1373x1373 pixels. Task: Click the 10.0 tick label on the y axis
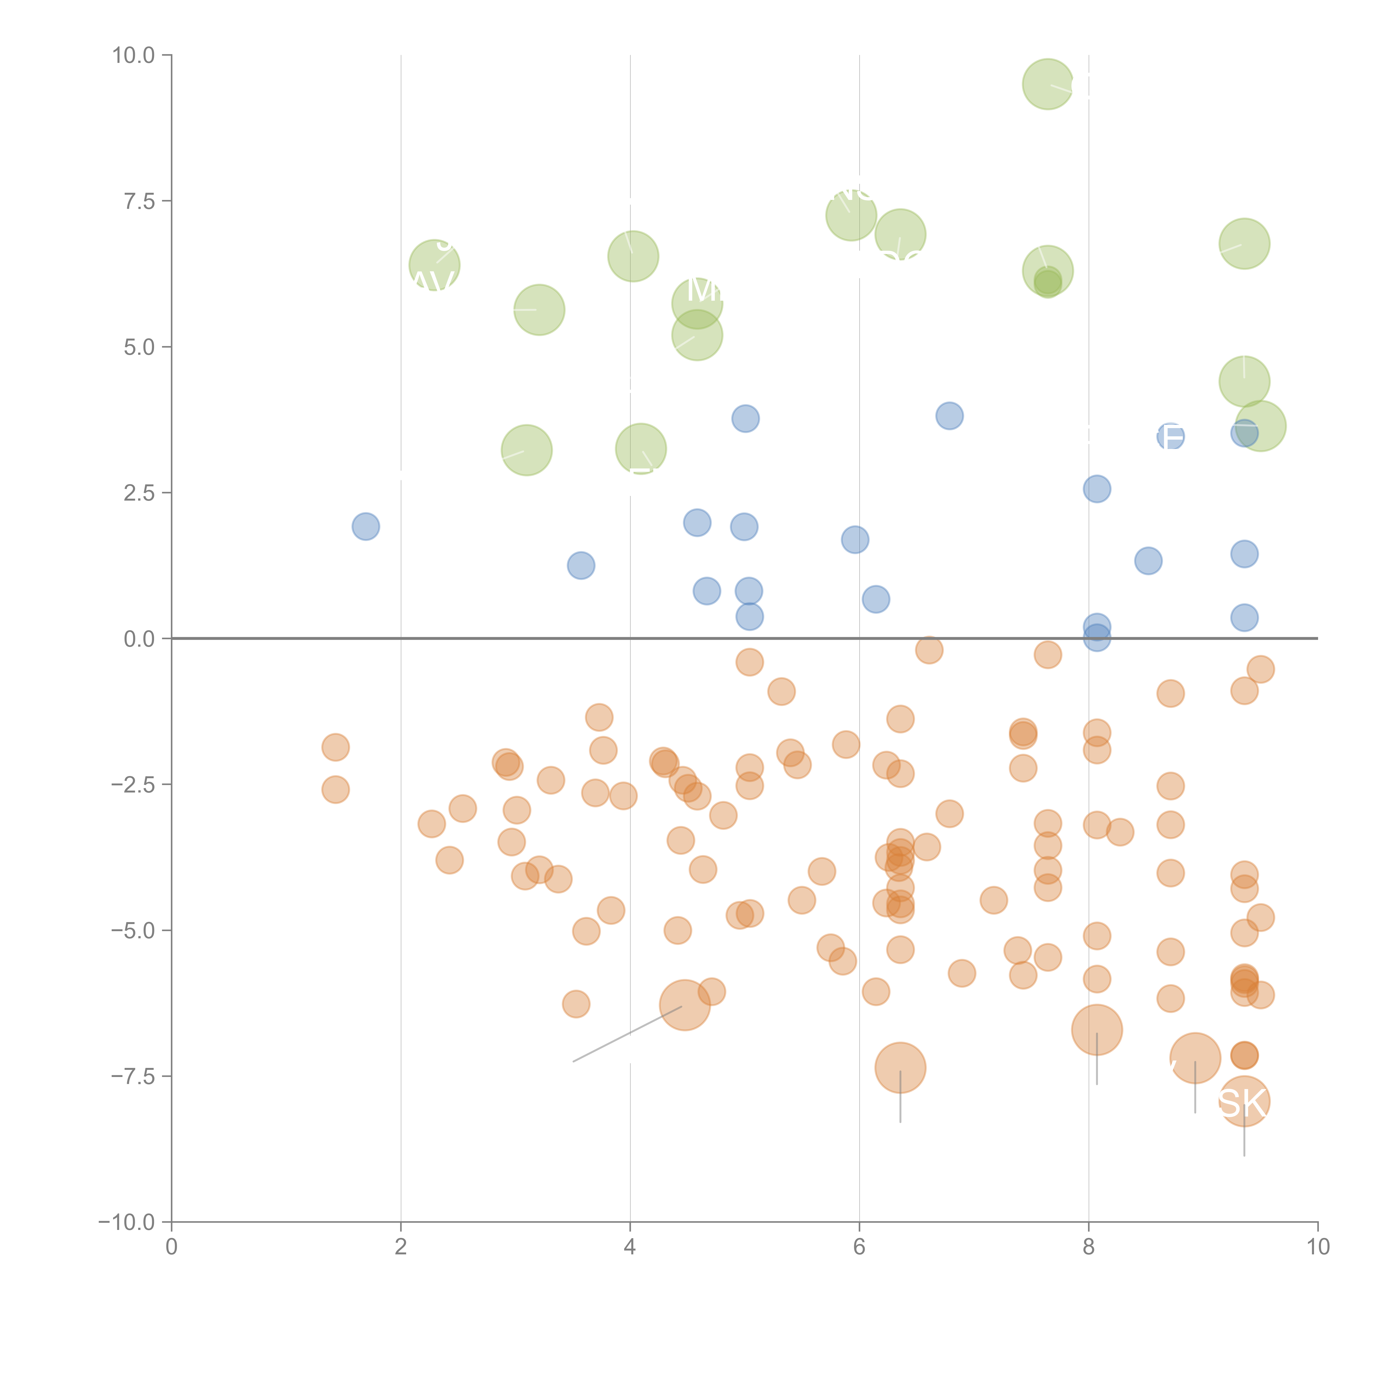click(x=134, y=55)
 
